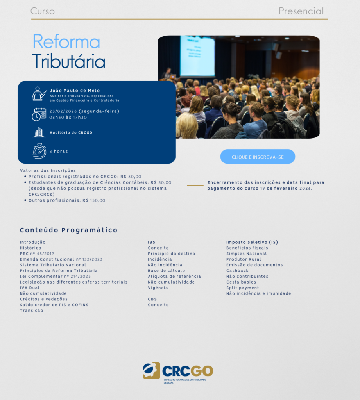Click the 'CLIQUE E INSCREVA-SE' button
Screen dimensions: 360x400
pyautogui.click(x=258, y=157)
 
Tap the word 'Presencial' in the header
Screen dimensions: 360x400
pyautogui.click(x=301, y=11)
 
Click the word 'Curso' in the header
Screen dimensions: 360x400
pyautogui.click(x=42, y=11)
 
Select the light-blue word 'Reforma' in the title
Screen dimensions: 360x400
pyautogui.click(x=66, y=41)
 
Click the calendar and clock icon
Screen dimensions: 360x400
pyautogui.click(x=39, y=114)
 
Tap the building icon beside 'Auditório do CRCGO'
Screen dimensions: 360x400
pyautogui.click(x=39, y=132)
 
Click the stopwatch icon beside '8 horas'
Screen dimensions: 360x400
pyautogui.click(x=39, y=151)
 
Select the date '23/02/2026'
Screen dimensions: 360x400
pyautogui.click(x=63, y=111)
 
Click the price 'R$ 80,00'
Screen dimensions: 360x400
pyautogui.click(x=131, y=177)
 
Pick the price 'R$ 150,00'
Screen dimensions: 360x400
pyautogui.click(x=94, y=200)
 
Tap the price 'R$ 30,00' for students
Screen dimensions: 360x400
pyautogui.click(x=161, y=183)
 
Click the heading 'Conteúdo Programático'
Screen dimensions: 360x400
pyautogui.click(x=69, y=230)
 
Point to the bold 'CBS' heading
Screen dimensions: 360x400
pyautogui.click(x=152, y=299)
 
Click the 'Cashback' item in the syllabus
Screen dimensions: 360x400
pyautogui.click(x=237, y=271)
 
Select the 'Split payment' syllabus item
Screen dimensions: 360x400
pyautogui.click(x=243, y=288)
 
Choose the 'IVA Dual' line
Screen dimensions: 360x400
pyautogui.click(x=30, y=288)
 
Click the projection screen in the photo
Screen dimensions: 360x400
pyautogui.click(x=197, y=56)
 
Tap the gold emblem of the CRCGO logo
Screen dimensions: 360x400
pyautogui.click(x=151, y=370)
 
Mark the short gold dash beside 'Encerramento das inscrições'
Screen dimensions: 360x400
pyautogui.click(x=195, y=186)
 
